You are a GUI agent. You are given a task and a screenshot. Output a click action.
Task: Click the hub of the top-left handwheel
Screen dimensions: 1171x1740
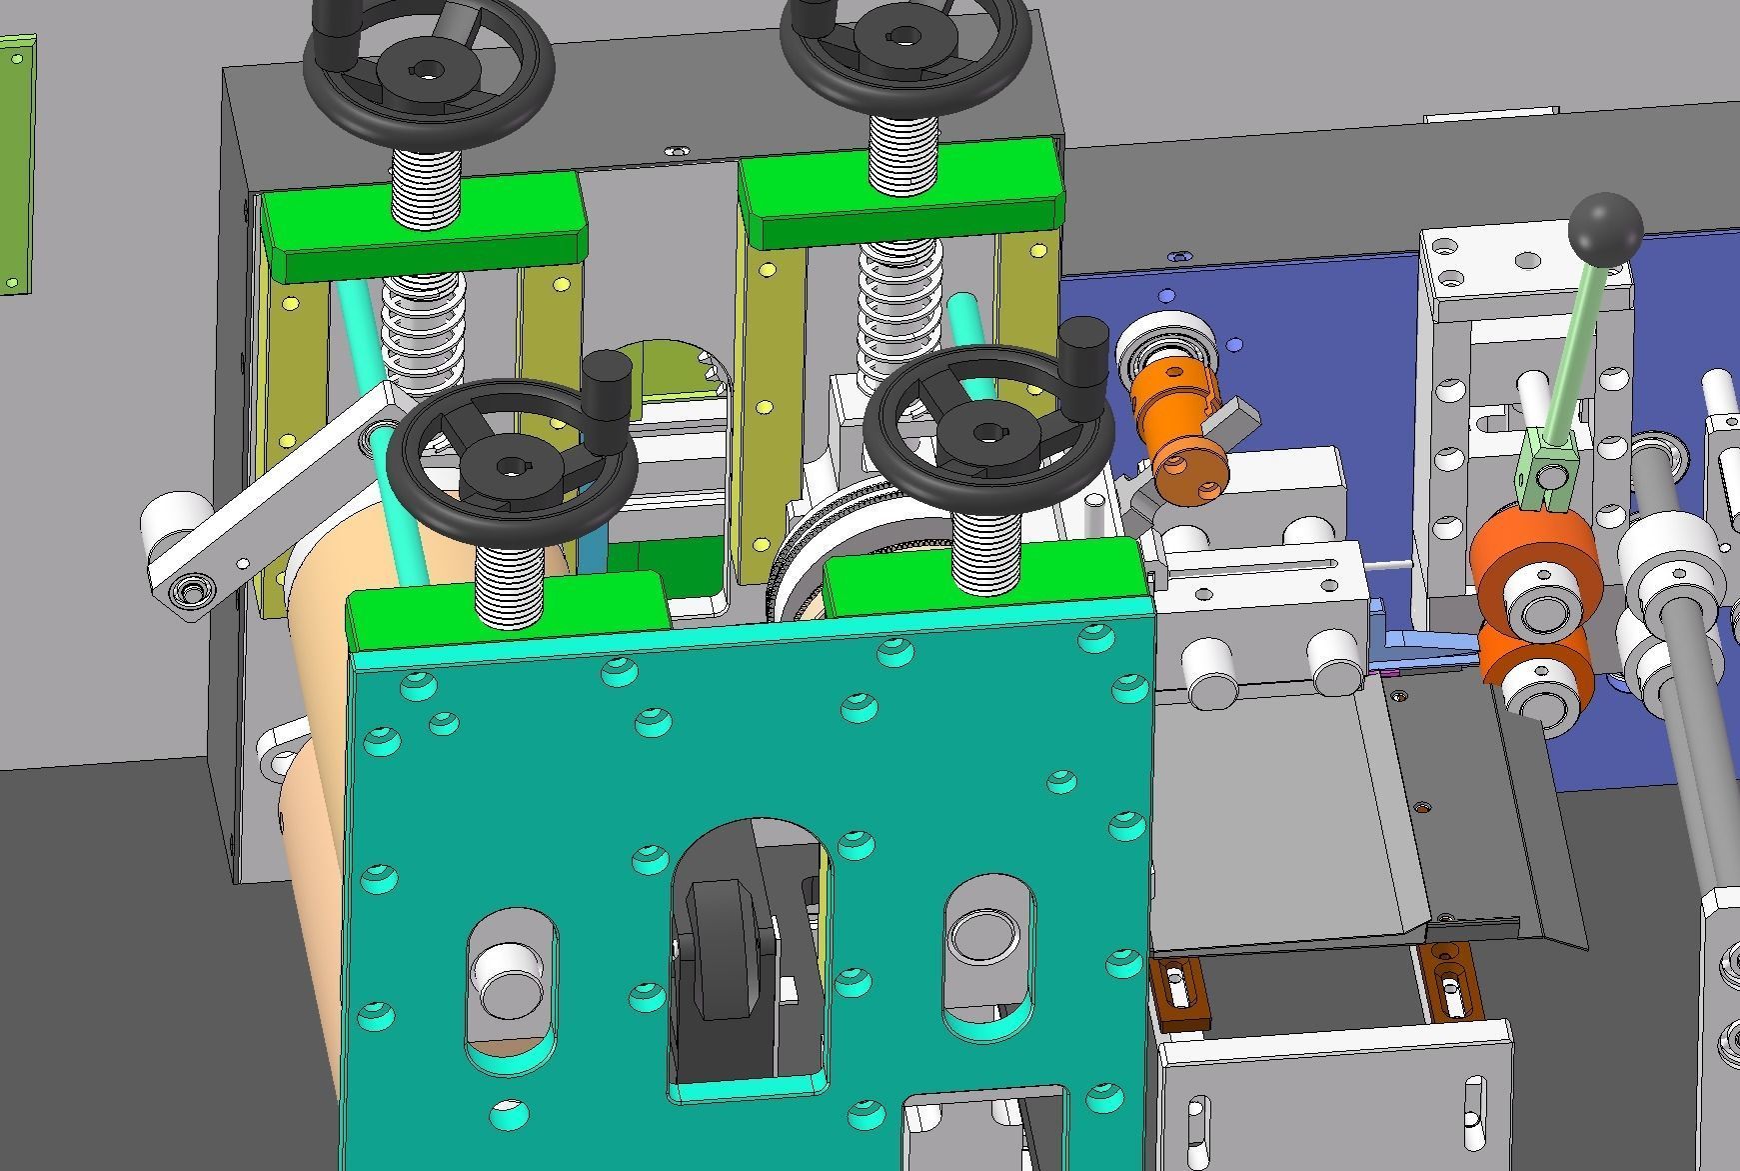coord(428,72)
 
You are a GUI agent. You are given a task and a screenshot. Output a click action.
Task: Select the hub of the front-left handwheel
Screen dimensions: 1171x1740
coord(513,466)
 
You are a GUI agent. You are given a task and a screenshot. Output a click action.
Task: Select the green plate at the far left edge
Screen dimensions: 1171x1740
coord(16,165)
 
